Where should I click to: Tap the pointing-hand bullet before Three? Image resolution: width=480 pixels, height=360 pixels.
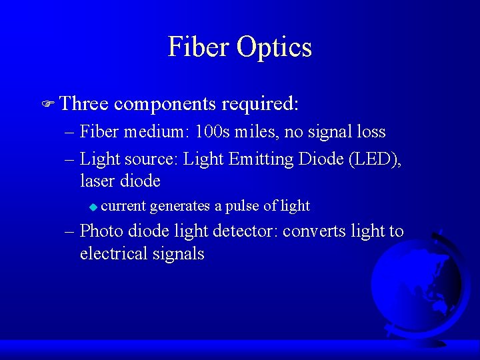pos(46,105)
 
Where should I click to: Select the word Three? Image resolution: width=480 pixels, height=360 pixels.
pos(84,104)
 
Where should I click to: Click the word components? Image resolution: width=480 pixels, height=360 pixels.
pos(165,105)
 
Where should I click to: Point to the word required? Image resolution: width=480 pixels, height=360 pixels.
pos(260,105)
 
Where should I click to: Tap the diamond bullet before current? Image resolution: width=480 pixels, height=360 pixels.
pos(93,207)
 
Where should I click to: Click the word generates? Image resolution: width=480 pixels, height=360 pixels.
pos(180,206)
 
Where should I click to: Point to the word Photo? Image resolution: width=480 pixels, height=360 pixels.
pos(101,231)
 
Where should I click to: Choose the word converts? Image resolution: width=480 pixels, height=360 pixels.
pos(313,231)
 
